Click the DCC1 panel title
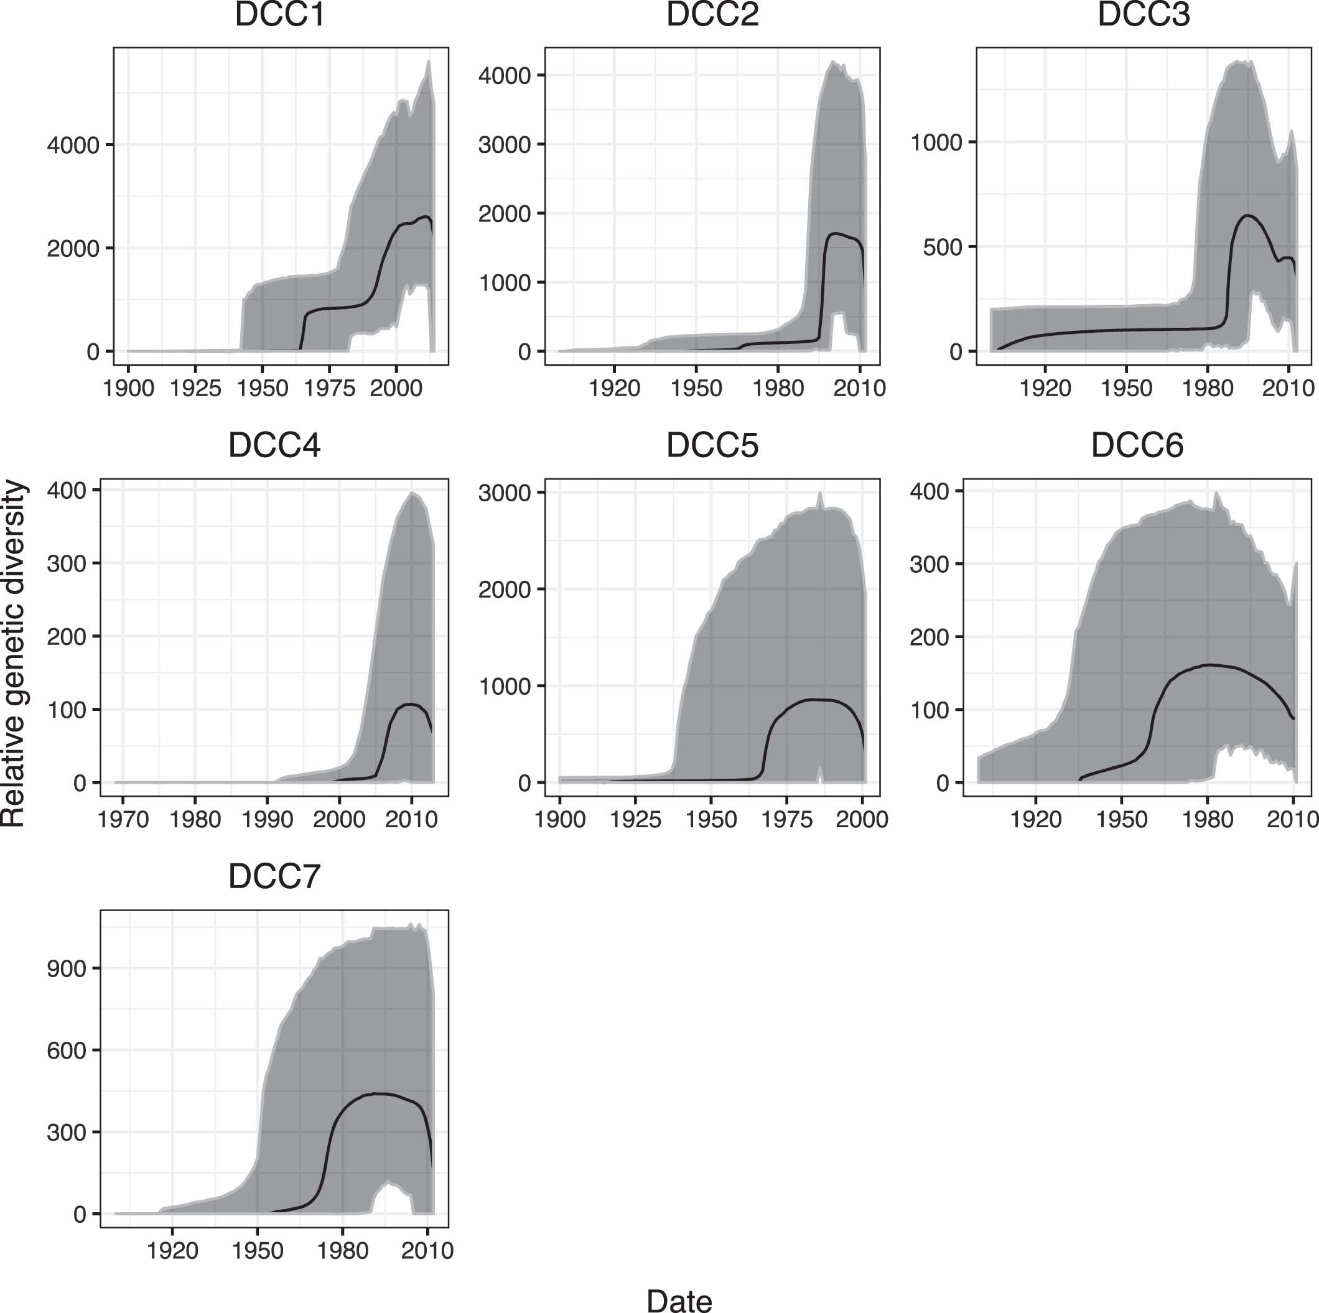[x=280, y=15]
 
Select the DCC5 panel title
[x=712, y=445]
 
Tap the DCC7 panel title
[x=274, y=877]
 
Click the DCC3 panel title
[x=1144, y=15]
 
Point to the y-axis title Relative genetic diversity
[x=14, y=654]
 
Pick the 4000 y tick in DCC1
[x=73, y=146]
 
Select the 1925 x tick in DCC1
[x=195, y=388]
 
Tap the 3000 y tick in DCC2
[x=504, y=145]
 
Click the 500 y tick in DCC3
[x=942, y=247]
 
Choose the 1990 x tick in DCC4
[x=267, y=819]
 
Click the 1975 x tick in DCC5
[x=786, y=819]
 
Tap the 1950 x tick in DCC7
[x=258, y=1250]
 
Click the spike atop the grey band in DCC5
[x=819, y=492]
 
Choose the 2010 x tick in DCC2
[x=859, y=388]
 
